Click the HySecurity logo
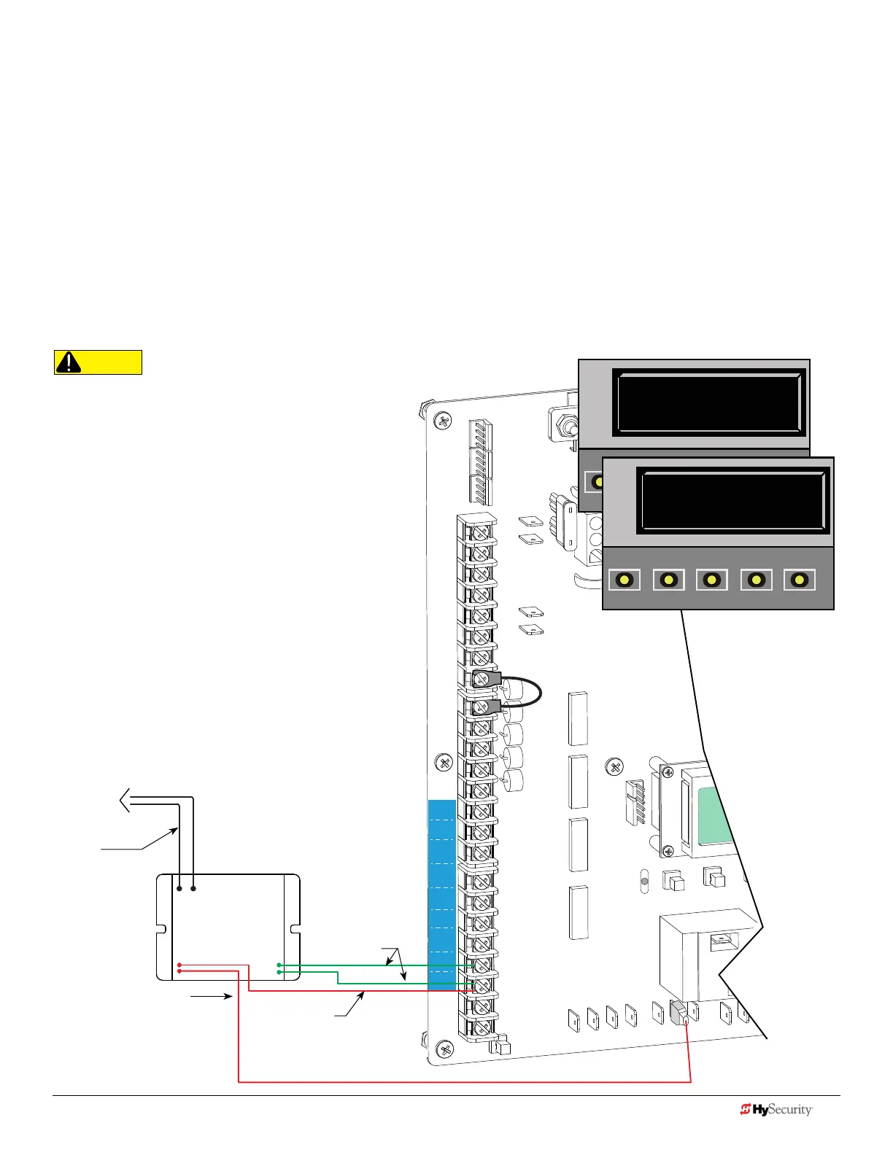(x=776, y=1110)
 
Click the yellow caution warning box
(x=98, y=362)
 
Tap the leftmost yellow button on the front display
(x=624, y=580)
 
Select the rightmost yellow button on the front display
(x=800, y=580)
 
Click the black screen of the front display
(x=733, y=501)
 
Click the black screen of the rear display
(x=708, y=402)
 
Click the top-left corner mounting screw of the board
(x=442, y=421)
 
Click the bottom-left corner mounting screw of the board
(x=444, y=1049)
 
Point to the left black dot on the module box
(x=179, y=889)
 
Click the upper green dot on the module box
(x=279, y=965)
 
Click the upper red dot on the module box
(x=179, y=965)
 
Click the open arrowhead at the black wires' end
(x=125, y=800)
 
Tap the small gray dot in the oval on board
(x=643, y=881)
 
